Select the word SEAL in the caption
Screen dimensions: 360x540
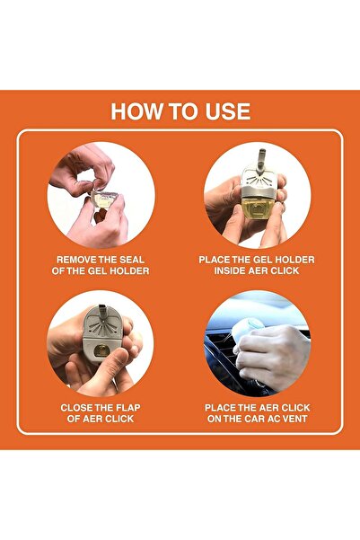(132, 260)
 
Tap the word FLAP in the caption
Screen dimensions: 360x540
(127, 408)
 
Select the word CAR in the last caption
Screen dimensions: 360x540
(254, 419)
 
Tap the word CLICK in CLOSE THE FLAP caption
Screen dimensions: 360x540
(119, 419)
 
